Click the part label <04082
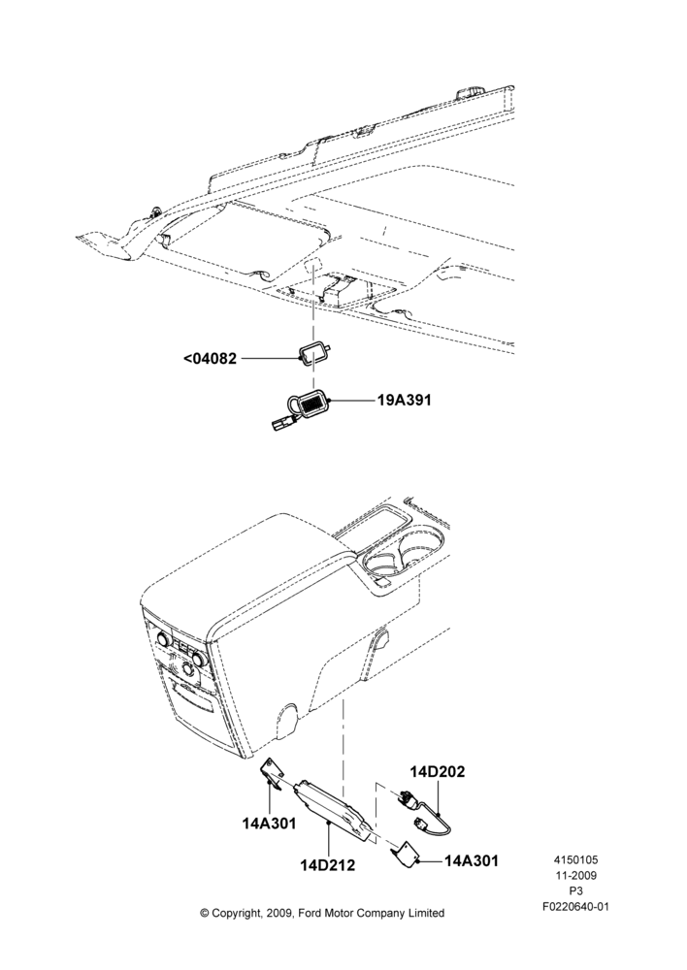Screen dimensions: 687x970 click(x=211, y=358)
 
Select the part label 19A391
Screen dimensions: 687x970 click(x=405, y=401)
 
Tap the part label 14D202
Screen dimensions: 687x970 click(x=437, y=771)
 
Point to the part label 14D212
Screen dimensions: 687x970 click(x=328, y=865)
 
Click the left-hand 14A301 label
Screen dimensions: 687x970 click(x=269, y=824)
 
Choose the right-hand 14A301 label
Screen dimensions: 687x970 click(x=471, y=859)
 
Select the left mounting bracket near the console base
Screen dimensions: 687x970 click(x=272, y=771)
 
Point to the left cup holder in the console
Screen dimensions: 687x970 click(x=381, y=560)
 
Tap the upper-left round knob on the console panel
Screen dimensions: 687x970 click(x=164, y=637)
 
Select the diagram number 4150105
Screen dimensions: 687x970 click(x=575, y=859)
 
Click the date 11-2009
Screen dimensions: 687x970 click(x=575, y=875)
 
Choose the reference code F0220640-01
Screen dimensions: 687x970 click(x=575, y=907)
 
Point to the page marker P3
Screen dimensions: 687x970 click(x=575, y=891)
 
